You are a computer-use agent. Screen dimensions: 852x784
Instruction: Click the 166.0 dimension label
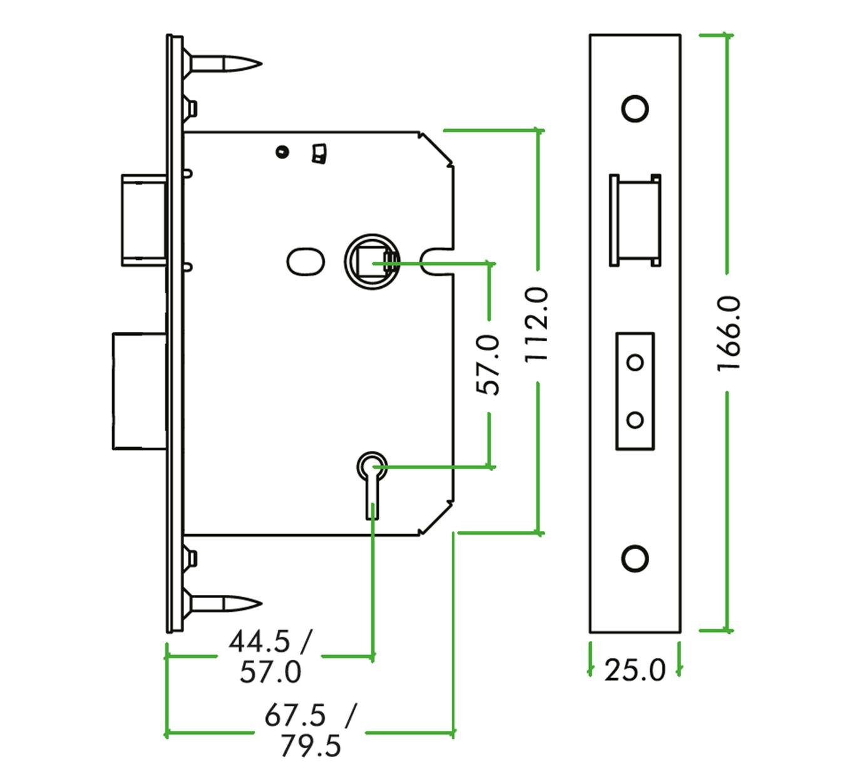[728, 334]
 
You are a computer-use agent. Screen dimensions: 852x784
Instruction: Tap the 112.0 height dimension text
[536, 324]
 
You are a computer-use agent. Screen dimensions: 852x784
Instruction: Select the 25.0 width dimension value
[635, 671]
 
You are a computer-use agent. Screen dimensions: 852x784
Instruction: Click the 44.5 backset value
[259, 641]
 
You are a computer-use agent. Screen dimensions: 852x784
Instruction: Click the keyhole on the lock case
[372, 485]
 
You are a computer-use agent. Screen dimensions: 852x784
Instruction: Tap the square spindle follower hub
[372, 261]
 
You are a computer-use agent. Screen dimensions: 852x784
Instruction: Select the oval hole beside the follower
[305, 262]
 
